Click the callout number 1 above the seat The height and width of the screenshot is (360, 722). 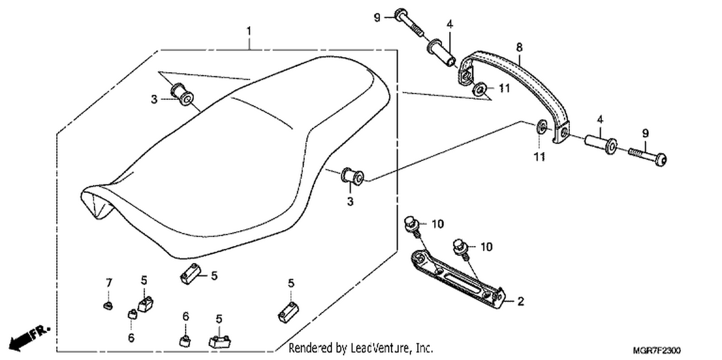click(248, 31)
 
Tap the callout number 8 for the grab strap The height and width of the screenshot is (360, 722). click(519, 48)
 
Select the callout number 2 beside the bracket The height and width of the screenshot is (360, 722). click(520, 301)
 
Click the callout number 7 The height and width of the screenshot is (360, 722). click(109, 283)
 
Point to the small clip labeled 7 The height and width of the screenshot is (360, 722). click(108, 305)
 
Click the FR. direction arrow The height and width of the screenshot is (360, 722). click(29, 339)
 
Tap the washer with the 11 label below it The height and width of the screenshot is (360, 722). click(541, 127)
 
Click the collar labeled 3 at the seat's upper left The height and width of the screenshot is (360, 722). click(182, 94)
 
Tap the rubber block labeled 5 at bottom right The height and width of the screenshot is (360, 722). click(288, 312)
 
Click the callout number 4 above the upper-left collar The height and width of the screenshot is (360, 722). click(450, 24)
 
